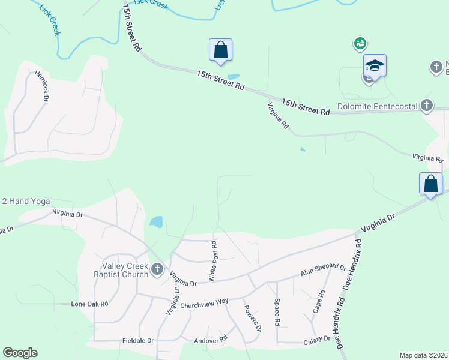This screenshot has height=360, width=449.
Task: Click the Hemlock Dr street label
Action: [41, 86]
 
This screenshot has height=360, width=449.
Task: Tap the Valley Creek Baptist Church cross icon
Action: [157, 269]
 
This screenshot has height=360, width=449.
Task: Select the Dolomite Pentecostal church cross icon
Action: [427, 106]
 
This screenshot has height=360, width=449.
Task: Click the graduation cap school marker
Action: [375, 65]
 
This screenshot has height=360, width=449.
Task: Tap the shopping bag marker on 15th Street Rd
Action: [220, 49]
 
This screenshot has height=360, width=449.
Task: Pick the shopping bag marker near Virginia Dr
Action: [431, 184]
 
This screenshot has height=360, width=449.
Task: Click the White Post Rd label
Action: [212, 260]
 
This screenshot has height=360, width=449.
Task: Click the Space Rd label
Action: [277, 312]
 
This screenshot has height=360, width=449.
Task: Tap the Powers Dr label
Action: [253, 318]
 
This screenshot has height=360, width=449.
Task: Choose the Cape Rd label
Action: [318, 302]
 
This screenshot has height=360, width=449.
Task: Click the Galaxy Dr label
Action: [318, 339]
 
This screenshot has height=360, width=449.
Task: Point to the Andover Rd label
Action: [211, 338]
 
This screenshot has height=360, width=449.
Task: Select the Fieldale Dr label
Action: [139, 340]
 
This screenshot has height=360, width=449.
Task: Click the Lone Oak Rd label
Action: [89, 304]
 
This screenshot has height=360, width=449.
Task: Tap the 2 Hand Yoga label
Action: [26, 202]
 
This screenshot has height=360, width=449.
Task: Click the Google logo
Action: [20, 353]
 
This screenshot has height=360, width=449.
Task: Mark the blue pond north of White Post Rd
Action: [156, 222]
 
